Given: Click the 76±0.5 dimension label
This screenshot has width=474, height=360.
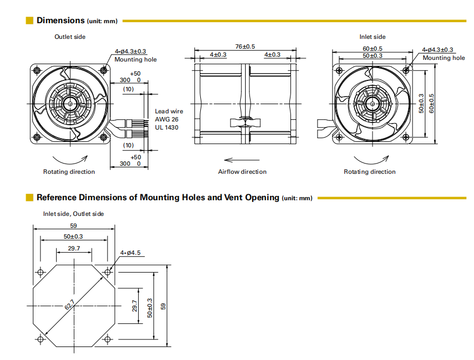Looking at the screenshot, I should click(245, 46).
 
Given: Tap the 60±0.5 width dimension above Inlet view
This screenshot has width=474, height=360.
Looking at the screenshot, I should click(373, 49).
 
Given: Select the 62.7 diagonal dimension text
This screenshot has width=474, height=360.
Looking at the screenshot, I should click(69, 306).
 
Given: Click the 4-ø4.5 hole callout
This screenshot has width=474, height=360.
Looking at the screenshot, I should click(131, 253).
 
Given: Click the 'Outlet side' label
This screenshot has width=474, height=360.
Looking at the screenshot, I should click(70, 37).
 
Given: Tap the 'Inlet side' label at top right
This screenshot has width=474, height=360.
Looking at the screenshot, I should click(373, 37).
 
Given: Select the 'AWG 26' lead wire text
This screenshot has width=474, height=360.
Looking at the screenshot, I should click(166, 119).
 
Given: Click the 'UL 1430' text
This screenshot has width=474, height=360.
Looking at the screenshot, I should click(167, 127).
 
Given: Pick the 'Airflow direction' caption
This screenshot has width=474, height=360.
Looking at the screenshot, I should click(242, 172).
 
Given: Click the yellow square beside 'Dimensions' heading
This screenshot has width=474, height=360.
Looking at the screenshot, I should click(30, 21).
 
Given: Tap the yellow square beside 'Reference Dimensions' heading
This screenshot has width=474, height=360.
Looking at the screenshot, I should click(30, 198).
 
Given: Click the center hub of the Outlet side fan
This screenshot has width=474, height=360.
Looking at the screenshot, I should click(70, 103).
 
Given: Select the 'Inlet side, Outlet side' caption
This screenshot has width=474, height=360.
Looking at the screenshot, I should click(73, 214).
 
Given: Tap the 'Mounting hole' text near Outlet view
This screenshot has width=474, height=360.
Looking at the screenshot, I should click(136, 59).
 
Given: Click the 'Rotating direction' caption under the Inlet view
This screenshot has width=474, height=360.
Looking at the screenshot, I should click(370, 172).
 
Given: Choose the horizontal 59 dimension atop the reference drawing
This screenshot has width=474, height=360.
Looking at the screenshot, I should click(73, 226).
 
